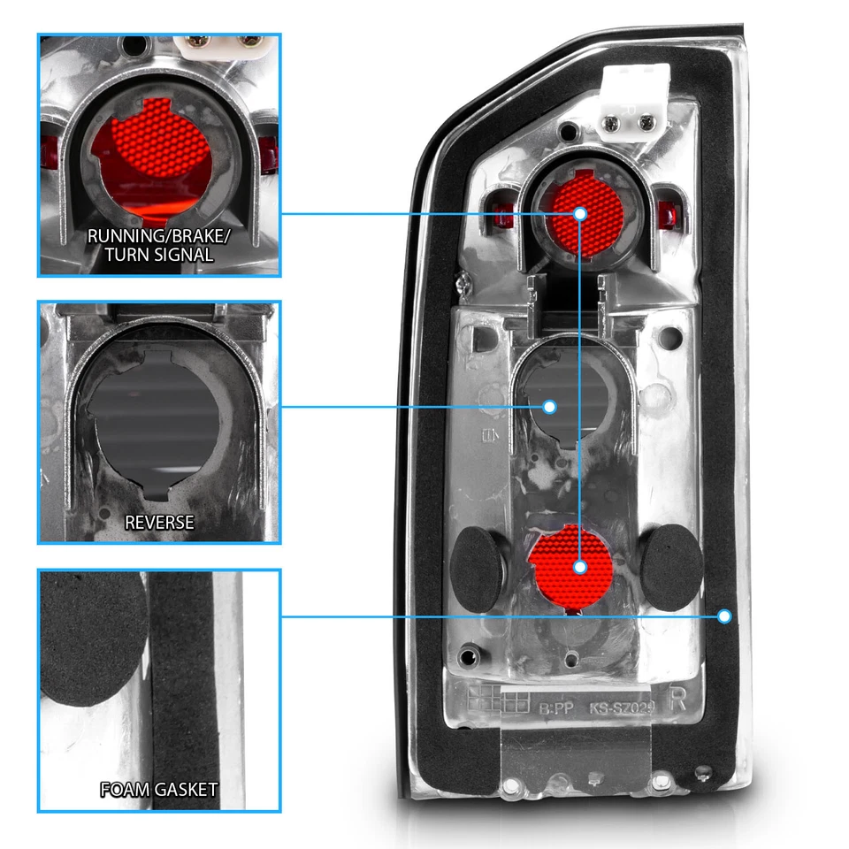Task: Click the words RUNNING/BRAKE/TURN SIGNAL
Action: coord(149,245)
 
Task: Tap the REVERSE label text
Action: coord(159,522)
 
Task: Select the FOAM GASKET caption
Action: coord(159,789)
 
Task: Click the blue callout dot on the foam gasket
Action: coord(725,616)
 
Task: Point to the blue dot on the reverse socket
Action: coord(549,406)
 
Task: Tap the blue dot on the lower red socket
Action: coord(580,566)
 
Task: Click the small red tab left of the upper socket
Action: coord(506,212)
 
